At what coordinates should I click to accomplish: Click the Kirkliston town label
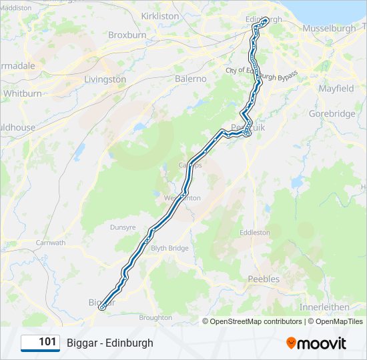pos(160,15)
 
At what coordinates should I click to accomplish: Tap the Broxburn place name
pos(127,35)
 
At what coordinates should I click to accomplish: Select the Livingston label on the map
pos(105,79)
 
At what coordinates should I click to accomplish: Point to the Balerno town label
pos(191,79)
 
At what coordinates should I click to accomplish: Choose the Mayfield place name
pos(336,89)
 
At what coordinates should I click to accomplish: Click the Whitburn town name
pos(22,94)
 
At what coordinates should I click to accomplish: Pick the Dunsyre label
pos(122,227)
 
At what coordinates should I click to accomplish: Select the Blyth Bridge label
pos(169,248)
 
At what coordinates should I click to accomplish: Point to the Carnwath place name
pos(51,243)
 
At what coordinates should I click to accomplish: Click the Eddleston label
pos(255,233)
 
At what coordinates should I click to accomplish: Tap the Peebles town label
pos(264,279)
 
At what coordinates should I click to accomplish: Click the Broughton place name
pos(155,318)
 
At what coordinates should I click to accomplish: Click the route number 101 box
pos(41,343)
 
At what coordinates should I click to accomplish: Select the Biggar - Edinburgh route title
pos(110,343)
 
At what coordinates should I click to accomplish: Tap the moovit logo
pos(316,343)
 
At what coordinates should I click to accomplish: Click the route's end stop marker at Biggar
pos(101,307)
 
